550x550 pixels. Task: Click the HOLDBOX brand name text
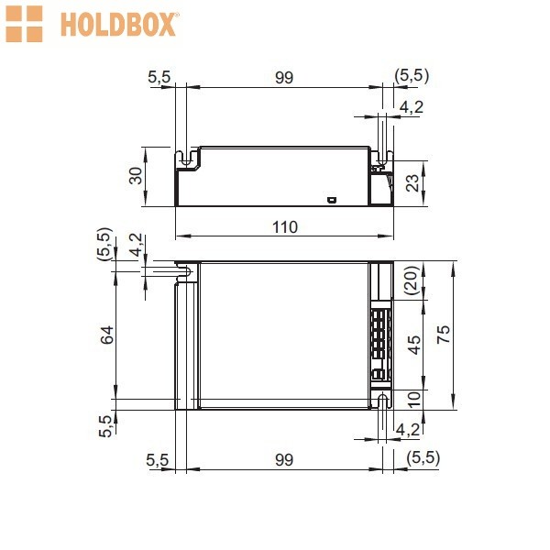pos(118,25)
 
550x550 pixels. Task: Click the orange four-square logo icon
pos(24,24)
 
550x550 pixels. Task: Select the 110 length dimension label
pos(285,227)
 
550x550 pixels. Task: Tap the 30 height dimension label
pos(136,176)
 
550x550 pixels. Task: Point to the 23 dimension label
pos(412,183)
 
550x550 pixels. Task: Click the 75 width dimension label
pos(444,335)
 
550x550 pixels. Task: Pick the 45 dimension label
pos(414,346)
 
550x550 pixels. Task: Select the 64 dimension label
pos(107,335)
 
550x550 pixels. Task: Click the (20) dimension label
pos(412,280)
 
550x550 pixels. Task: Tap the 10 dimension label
pos(414,399)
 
